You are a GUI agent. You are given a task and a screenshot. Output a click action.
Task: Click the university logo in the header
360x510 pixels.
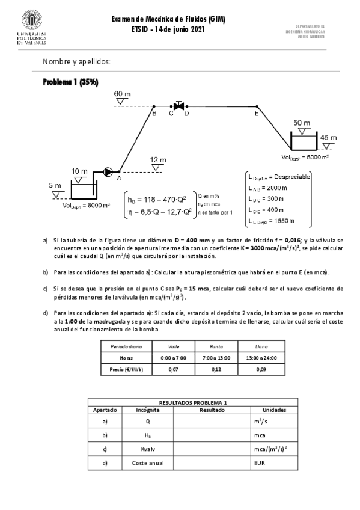[x=27, y=26]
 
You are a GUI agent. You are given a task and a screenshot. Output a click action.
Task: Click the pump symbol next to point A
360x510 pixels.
[x=108, y=171]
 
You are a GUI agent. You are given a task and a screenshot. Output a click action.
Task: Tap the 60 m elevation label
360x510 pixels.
[x=122, y=94]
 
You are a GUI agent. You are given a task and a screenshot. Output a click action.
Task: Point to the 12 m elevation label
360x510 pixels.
[x=158, y=159]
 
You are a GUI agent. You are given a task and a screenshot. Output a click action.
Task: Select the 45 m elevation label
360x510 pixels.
[x=329, y=137]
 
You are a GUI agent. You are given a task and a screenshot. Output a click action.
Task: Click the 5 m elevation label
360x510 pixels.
[x=55, y=186]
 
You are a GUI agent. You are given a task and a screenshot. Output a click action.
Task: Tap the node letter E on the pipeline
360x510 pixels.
[x=257, y=112]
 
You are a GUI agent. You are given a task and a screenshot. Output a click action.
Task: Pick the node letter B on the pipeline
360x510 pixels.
[x=154, y=112]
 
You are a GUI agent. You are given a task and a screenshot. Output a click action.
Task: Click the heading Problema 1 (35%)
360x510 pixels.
[x=70, y=82]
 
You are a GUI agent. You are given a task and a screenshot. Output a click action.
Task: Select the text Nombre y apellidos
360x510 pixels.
[x=77, y=62]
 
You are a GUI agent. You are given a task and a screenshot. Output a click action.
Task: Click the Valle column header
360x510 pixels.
[x=174, y=347]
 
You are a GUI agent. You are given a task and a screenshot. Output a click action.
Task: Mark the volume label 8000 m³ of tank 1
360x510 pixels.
[x=78, y=205]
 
